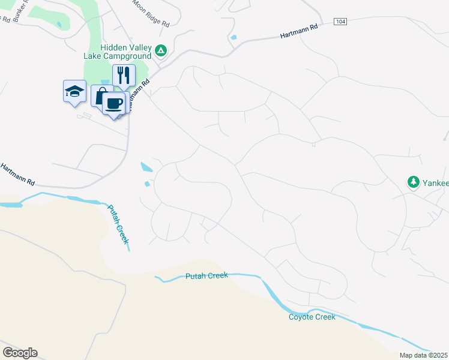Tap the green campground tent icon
point(161,51)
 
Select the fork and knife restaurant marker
point(123,75)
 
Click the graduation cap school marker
point(75,92)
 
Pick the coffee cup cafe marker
point(113,103)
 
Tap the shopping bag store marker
point(100,96)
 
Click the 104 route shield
point(340,22)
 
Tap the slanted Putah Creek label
point(118,224)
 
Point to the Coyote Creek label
point(312,317)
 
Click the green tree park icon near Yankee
point(413,181)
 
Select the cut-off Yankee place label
point(435,182)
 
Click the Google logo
point(20,352)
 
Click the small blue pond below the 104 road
point(233,38)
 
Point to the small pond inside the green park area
point(59,25)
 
